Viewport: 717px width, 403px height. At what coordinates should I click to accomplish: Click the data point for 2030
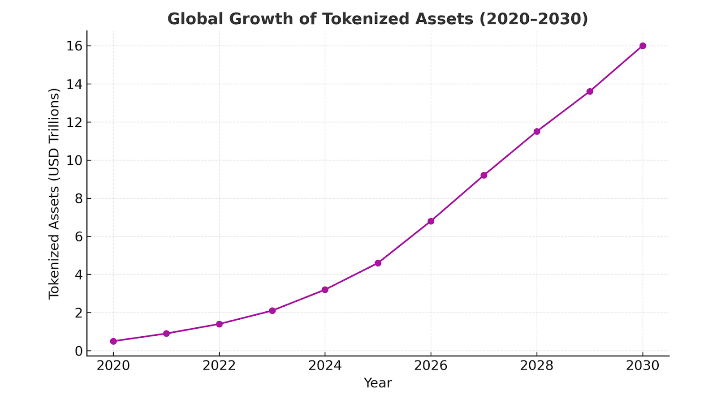click(643, 46)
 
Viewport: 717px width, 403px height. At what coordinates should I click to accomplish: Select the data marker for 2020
click(113, 341)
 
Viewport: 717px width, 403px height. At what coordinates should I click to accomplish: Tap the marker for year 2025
click(378, 263)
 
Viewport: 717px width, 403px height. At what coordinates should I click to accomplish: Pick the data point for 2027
click(484, 175)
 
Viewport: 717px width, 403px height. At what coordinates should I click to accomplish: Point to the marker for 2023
click(272, 311)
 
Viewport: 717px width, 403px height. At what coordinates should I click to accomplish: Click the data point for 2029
click(590, 91)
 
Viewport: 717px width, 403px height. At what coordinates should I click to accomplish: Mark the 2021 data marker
click(166, 334)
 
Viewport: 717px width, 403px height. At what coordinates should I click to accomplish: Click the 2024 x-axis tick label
click(325, 366)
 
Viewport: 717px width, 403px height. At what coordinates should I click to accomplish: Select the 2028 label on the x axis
click(536, 366)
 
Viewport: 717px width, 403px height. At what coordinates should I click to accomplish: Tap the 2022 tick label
click(219, 366)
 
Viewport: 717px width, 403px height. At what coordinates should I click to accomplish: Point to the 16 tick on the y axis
click(74, 46)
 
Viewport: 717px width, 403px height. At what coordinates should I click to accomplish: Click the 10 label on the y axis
click(74, 160)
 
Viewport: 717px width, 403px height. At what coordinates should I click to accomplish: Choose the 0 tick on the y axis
click(79, 351)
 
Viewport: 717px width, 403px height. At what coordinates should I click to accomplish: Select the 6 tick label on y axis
click(79, 236)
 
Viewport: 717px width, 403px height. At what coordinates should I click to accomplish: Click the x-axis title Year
click(378, 383)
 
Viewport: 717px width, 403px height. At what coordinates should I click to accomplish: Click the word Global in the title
click(195, 19)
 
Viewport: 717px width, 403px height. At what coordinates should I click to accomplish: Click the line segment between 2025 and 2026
click(404, 242)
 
